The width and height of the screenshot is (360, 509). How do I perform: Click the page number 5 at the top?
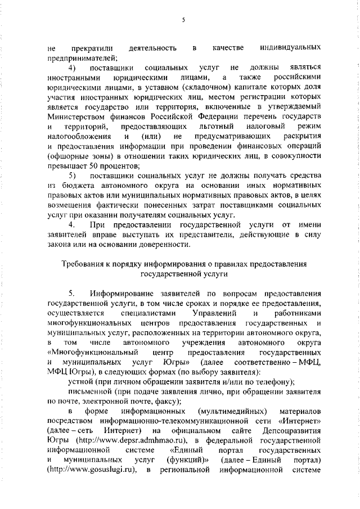pos(183,21)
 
